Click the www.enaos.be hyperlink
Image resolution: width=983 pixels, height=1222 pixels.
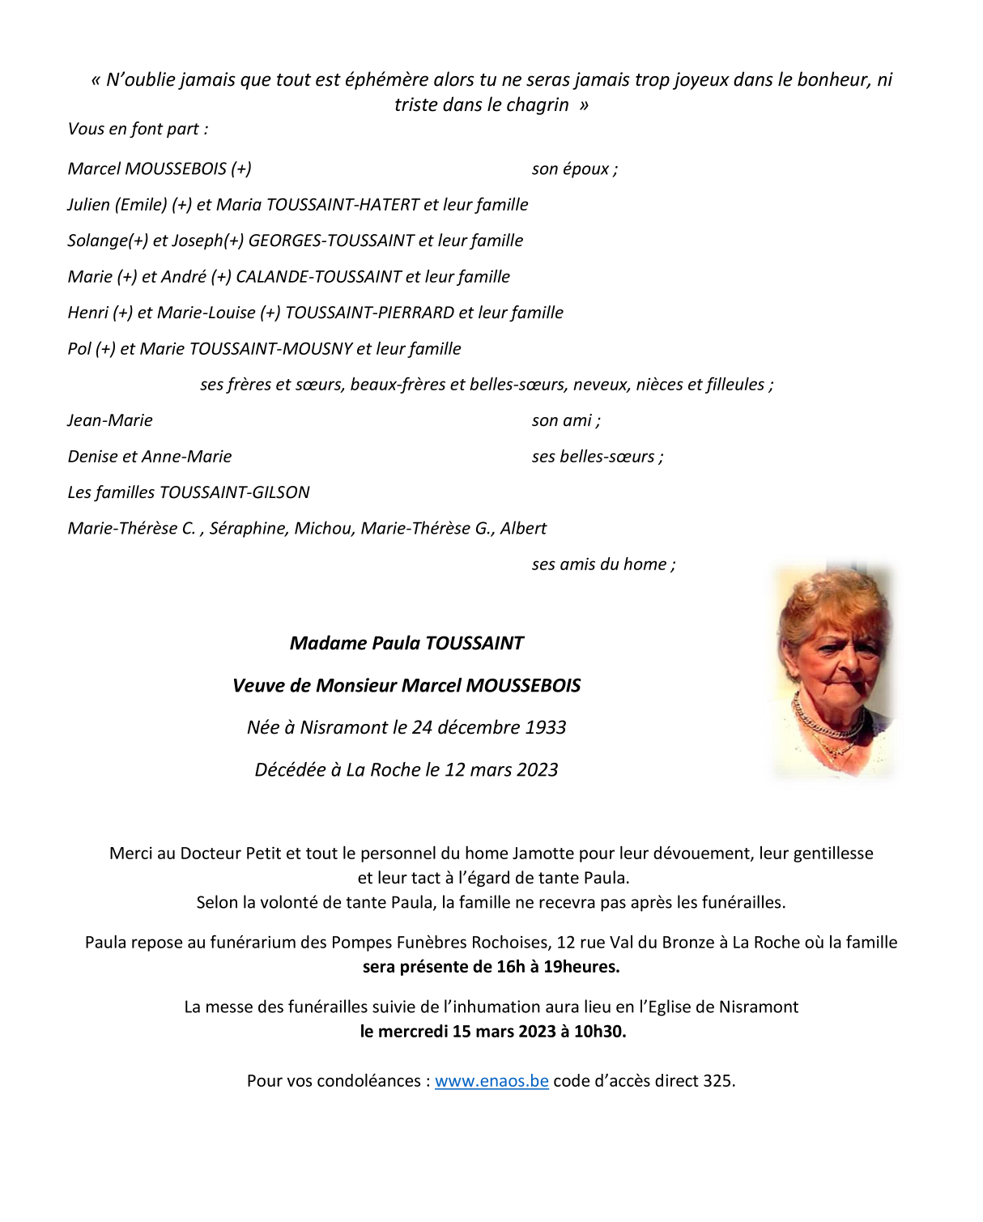pyautogui.click(x=491, y=1080)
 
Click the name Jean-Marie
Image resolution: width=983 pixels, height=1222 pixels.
pyautogui.click(x=110, y=420)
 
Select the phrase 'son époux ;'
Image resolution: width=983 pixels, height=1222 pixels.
pyautogui.click(x=574, y=168)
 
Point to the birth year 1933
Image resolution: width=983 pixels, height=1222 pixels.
pyautogui.click(x=545, y=727)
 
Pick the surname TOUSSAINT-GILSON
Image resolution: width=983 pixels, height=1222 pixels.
pyautogui.click(x=235, y=492)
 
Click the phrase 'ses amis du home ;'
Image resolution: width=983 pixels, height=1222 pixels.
pyautogui.click(x=603, y=564)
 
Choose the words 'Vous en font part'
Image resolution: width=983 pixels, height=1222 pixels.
pyautogui.click(x=134, y=129)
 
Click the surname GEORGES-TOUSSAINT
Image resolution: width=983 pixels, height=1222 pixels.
pyautogui.click(x=330, y=241)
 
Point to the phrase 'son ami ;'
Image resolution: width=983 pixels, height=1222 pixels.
pyautogui.click(x=566, y=420)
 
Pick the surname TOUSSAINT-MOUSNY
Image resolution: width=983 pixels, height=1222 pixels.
pyautogui.click(x=270, y=349)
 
